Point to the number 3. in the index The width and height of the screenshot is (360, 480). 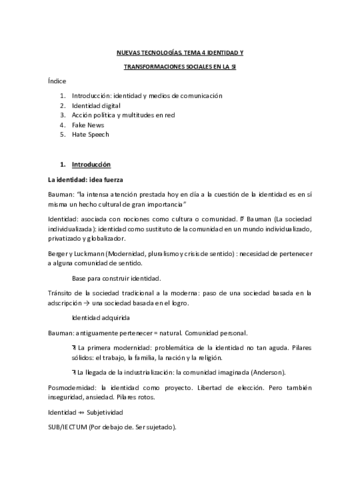click(x=62, y=115)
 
